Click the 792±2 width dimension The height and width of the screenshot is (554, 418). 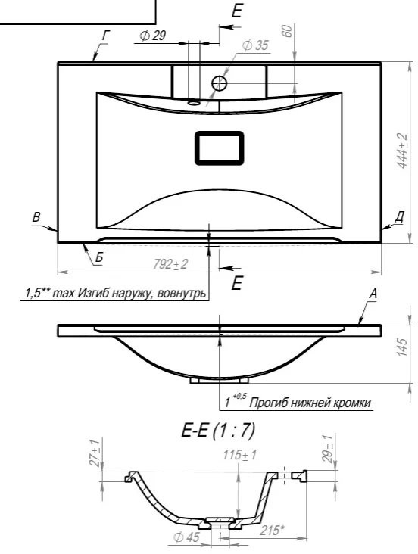170,264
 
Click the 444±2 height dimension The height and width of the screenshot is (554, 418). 401,151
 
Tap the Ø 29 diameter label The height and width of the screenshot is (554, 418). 153,36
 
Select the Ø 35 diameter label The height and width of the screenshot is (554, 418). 255,45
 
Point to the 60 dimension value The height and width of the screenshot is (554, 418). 289,31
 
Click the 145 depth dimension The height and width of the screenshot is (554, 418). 402,347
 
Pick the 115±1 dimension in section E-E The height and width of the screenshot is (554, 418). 239,455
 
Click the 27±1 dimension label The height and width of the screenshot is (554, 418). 95,453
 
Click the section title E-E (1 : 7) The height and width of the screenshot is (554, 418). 218,431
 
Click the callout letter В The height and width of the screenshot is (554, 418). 36,217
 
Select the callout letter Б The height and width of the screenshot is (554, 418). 98,257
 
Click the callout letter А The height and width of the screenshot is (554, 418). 373,294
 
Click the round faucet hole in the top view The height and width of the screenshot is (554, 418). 220,83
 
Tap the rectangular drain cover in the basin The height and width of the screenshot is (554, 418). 220,148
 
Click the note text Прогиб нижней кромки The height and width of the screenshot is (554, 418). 310,403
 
